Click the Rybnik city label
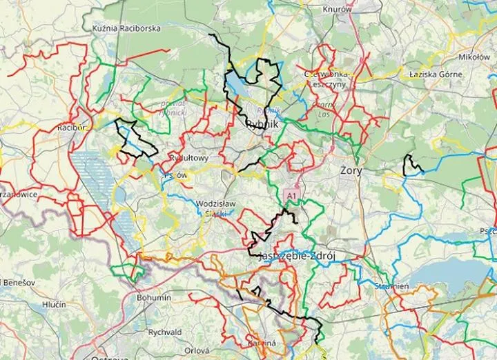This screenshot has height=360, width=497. click(x=262, y=125)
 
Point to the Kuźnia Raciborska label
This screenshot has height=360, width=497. click(x=126, y=29)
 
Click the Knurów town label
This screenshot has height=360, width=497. click(x=337, y=10)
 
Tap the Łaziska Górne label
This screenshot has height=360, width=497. click(x=429, y=72)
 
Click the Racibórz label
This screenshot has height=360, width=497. click(x=72, y=128)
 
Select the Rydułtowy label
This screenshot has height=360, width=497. click(x=188, y=158)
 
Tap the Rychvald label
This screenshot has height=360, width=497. click(x=164, y=331)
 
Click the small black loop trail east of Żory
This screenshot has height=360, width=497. click(x=412, y=164)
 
